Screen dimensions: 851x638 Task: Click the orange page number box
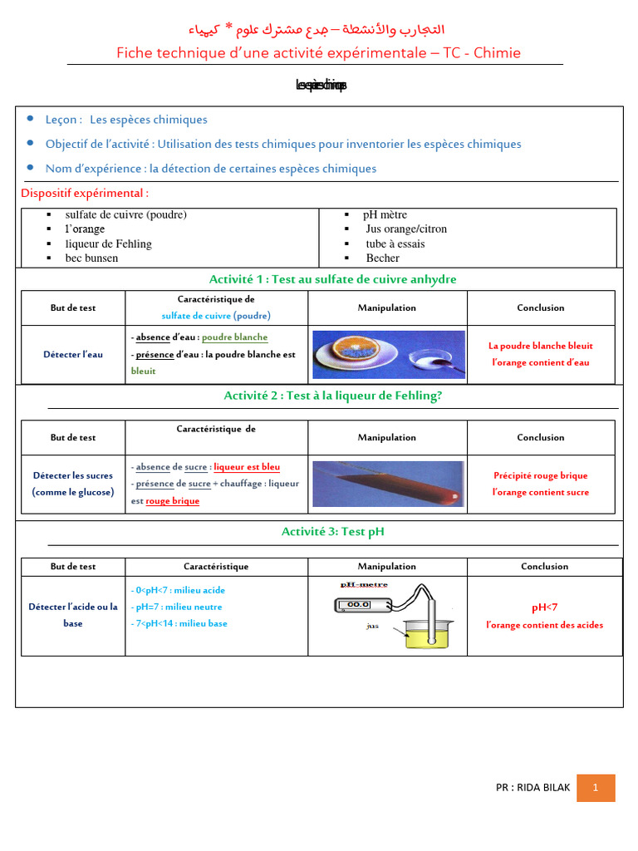pyautogui.click(x=596, y=788)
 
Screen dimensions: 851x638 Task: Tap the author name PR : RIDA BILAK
pyautogui.click(x=532, y=788)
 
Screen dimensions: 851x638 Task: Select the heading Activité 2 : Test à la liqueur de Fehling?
pyautogui.click(x=332, y=396)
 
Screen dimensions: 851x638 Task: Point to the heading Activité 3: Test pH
pyautogui.click(x=332, y=531)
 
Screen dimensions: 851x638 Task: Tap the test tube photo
pyautogui.click(x=386, y=484)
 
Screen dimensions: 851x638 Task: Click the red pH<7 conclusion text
pyautogui.click(x=544, y=608)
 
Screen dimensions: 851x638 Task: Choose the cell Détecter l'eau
pyautogui.click(x=73, y=354)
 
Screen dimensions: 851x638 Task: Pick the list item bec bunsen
pyautogui.click(x=91, y=258)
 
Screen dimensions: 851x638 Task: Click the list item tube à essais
pyautogui.click(x=395, y=244)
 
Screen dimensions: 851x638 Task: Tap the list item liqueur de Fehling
pyautogui.click(x=108, y=244)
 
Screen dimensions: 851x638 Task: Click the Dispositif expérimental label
pyautogui.click(x=85, y=194)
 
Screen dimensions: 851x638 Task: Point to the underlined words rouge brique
pyautogui.click(x=172, y=501)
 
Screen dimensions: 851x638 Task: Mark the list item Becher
pyautogui.click(x=382, y=258)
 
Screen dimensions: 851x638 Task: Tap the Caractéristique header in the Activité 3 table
pyautogui.click(x=216, y=567)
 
